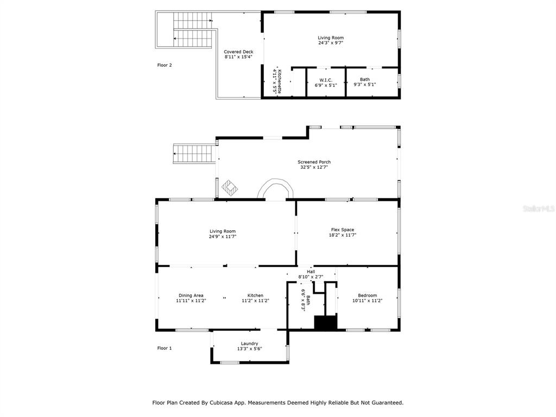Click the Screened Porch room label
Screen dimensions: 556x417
pyautogui.click(x=314, y=162)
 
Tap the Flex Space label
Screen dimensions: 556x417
pyautogui.click(x=343, y=230)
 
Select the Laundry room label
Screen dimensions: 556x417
pyautogui.click(x=249, y=344)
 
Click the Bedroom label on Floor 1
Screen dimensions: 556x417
pyautogui.click(x=368, y=295)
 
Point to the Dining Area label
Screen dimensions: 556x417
pyautogui.click(x=191, y=295)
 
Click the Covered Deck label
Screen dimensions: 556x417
pyautogui.click(x=238, y=52)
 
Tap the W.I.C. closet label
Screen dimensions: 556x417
pyautogui.click(x=326, y=80)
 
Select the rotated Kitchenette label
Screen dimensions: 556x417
pyautogui.click(x=280, y=81)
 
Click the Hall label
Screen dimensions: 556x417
pyautogui.click(x=311, y=271)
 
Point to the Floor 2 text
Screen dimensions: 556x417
pyautogui.click(x=165, y=65)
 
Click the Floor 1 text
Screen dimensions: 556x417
pyautogui.click(x=165, y=348)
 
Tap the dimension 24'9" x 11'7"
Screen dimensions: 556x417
pyautogui.click(x=222, y=237)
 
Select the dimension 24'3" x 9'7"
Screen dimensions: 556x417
pyautogui.click(x=331, y=43)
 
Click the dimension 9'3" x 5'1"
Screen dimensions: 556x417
pyautogui.click(x=364, y=85)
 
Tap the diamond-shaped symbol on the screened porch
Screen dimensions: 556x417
pyautogui.click(x=230, y=187)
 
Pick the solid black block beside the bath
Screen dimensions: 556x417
pyautogui.click(x=326, y=323)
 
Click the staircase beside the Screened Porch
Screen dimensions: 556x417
pyautogui.click(x=194, y=154)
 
